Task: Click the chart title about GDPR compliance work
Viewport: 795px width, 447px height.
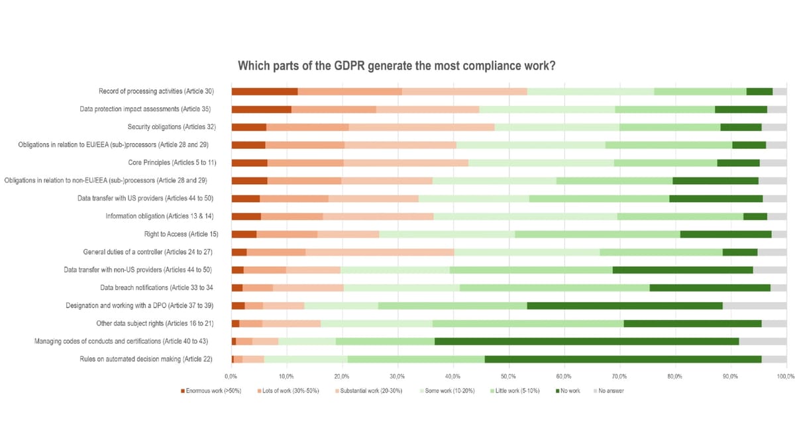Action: [396, 66]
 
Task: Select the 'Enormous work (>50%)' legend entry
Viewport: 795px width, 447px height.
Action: [211, 391]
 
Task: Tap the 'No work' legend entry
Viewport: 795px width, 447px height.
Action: [568, 391]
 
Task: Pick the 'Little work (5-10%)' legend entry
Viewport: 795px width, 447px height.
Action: [515, 391]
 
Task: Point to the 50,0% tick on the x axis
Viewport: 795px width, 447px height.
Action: [508, 375]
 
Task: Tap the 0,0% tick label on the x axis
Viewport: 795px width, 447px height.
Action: [231, 375]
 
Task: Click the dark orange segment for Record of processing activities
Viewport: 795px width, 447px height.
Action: [264, 91]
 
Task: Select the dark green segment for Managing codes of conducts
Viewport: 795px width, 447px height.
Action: [586, 341]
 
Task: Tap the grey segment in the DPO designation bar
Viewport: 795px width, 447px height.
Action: [754, 305]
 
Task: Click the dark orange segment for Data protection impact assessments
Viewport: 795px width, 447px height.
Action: [261, 109]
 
